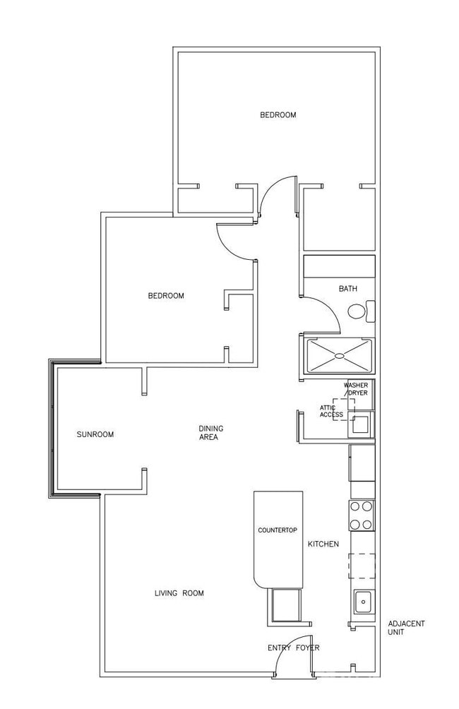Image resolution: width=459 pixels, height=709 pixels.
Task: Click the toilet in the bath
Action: tap(358, 311)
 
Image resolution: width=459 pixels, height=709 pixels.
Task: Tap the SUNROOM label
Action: tap(95, 434)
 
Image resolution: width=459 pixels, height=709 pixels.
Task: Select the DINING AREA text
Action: tap(209, 432)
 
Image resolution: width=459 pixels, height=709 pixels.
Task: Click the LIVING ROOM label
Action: tap(179, 593)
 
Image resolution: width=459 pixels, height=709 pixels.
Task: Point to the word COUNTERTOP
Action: tap(276, 530)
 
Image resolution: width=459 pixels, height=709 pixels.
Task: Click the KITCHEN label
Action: tap(323, 544)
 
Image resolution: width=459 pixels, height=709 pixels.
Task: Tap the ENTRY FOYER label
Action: tap(293, 648)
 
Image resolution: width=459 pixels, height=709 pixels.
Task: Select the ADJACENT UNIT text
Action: tap(406, 628)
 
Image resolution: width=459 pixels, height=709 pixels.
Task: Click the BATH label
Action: tap(347, 289)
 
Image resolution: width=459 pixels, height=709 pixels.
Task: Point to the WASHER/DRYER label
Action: tap(356, 389)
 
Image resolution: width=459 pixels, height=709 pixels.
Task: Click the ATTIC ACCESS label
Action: tap(331, 411)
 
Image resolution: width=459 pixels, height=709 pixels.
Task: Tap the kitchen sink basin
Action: tap(363, 602)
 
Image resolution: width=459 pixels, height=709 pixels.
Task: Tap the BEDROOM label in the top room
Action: tap(278, 115)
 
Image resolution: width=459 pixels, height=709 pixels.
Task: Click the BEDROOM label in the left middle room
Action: tap(166, 296)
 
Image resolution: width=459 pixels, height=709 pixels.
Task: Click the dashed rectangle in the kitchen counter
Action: tap(361, 566)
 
